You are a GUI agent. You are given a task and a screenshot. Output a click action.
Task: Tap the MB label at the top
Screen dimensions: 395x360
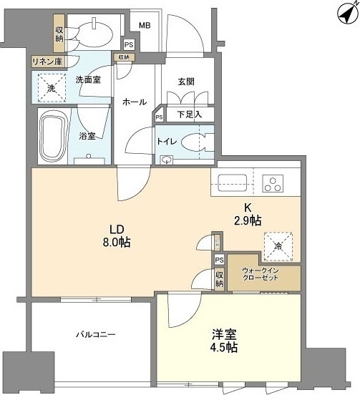pos(145,26)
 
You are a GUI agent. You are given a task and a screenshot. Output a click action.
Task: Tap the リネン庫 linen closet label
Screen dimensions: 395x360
pos(48,62)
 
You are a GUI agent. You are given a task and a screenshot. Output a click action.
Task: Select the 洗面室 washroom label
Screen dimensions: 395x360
pos(88,80)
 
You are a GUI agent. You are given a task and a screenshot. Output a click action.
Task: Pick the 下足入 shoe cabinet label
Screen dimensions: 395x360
pos(189,114)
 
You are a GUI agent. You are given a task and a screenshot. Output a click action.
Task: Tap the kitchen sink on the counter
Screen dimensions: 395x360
pos(232,182)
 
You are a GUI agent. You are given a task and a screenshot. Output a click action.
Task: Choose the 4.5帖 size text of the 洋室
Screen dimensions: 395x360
pos(225,348)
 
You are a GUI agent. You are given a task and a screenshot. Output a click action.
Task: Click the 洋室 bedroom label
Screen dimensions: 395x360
pos(224,333)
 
